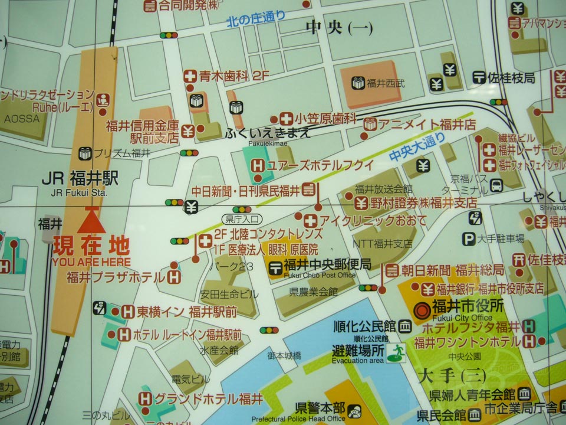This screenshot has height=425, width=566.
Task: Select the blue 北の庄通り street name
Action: click(256, 20)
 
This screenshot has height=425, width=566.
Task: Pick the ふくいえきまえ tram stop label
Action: click(267, 133)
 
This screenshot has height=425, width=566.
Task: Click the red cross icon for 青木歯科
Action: click(190, 76)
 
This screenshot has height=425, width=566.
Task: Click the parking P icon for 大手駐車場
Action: click(469, 239)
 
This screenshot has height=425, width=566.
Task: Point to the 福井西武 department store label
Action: click(386, 83)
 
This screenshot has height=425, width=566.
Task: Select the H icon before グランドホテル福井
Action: click(145, 399)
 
